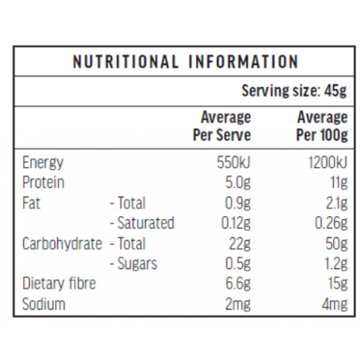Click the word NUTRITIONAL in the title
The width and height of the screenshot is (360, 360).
pos(126,62)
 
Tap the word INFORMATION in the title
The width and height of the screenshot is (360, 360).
pos(244,62)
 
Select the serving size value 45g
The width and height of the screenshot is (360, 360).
pos(335,91)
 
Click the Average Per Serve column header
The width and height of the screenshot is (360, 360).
pos(222,126)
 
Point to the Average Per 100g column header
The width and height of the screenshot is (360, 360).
pos(322,126)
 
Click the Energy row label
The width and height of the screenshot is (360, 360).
pos(42,163)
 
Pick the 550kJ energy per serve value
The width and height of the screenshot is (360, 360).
pos(233,162)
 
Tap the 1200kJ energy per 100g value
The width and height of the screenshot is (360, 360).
pos(327,162)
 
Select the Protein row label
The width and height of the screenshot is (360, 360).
pos(43,183)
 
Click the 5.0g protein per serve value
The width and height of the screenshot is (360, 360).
pos(238,183)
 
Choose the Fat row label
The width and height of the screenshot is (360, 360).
pos(31,203)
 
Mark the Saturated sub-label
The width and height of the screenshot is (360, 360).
pos(142,223)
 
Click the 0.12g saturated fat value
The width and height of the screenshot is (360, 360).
pos(236,224)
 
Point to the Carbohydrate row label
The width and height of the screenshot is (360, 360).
pos(62,244)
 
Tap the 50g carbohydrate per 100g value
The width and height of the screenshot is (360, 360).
pos(336,244)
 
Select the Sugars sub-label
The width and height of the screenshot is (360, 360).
pos(134,264)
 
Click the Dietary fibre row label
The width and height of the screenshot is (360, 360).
pos(59,283)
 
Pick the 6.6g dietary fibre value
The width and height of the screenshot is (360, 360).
pos(238,284)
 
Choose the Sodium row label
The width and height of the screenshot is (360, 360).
pos(44,304)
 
